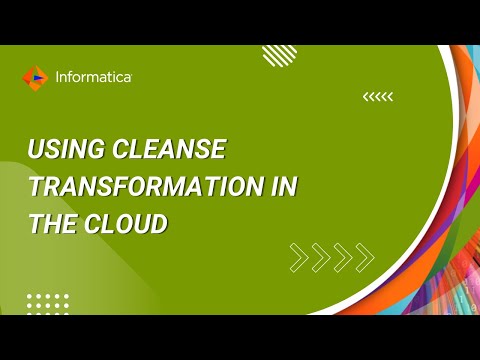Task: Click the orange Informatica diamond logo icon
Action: pos(33,76)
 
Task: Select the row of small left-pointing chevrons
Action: pos(378,97)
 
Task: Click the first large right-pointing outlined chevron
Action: pos(298,257)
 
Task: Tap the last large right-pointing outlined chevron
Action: pos(365,257)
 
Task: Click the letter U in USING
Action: pos(35,151)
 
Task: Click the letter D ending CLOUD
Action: pos(158,224)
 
